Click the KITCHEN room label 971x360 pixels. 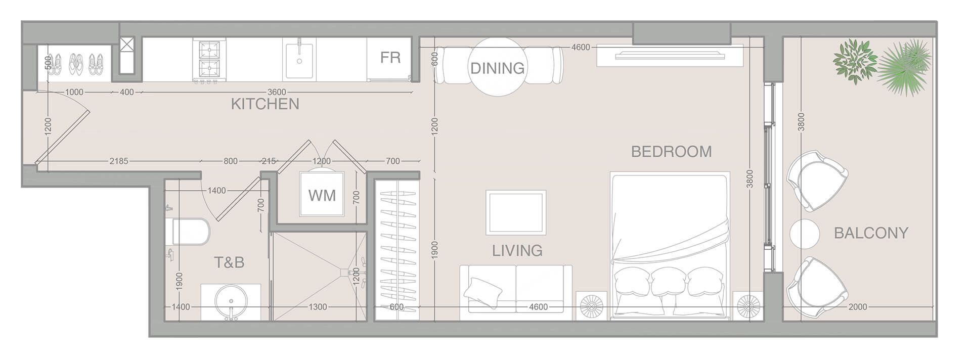pyautogui.click(x=265, y=104)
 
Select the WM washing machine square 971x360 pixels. pyautogui.click(x=322, y=195)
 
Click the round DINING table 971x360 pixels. pyautogui.click(x=497, y=67)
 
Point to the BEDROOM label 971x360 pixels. pyautogui.click(x=671, y=151)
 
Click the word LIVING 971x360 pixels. pyautogui.click(x=517, y=250)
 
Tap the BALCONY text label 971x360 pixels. pyautogui.click(x=871, y=233)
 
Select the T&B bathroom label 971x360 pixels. pyautogui.click(x=229, y=262)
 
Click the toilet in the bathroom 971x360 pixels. pyautogui.click(x=188, y=232)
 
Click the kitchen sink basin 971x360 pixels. pyautogui.click(x=299, y=61)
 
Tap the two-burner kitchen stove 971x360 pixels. pyautogui.click(x=209, y=60)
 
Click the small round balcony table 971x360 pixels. pyautogui.click(x=804, y=234)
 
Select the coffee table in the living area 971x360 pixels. pyautogui.click(x=516, y=212)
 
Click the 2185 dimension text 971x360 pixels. pyautogui.click(x=118, y=161)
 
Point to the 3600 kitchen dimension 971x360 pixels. pyautogui.click(x=276, y=92)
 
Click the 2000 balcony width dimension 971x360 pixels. pyautogui.click(x=857, y=306)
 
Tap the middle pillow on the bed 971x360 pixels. pyautogui.click(x=669, y=282)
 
